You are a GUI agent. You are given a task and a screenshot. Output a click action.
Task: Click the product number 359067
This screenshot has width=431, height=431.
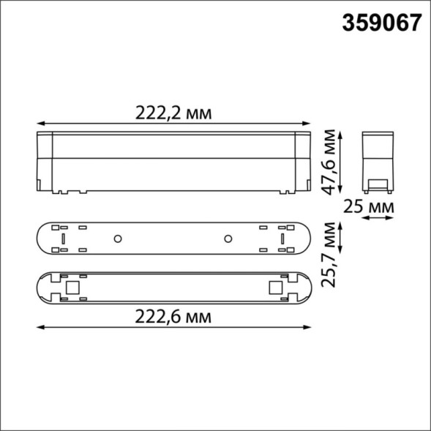click(381, 22)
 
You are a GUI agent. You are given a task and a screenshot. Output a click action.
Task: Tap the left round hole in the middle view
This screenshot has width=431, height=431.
click(117, 239)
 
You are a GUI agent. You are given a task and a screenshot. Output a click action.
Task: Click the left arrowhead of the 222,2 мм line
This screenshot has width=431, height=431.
click(39, 122)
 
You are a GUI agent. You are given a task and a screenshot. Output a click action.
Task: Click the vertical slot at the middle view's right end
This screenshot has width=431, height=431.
click(280, 239)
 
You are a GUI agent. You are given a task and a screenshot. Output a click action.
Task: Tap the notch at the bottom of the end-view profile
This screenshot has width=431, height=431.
click(379, 183)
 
